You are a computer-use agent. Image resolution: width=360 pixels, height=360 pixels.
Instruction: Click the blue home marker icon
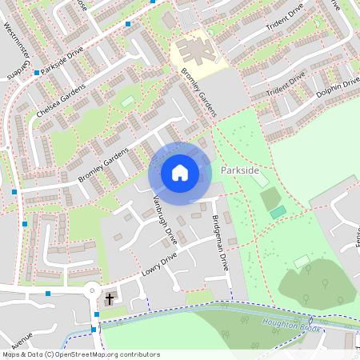(180, 172)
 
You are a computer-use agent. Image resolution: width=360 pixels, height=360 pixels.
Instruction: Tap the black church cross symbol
(110, 298)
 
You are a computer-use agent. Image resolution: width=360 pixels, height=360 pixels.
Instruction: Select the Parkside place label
(238, 171)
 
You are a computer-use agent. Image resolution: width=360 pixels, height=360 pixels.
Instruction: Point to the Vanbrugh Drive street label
(163, 219)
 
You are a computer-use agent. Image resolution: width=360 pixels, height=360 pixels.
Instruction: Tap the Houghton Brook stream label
(290, 325)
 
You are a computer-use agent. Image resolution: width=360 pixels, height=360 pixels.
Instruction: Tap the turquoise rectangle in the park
(278, 212)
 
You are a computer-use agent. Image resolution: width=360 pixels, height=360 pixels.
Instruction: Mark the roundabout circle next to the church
(91, 290)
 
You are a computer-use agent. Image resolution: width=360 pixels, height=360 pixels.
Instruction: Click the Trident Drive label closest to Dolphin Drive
(286, 85)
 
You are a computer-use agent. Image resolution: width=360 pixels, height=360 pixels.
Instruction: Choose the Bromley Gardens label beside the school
(199, 92)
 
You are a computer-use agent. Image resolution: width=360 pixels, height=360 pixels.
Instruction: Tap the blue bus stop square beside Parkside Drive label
(37, 73)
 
